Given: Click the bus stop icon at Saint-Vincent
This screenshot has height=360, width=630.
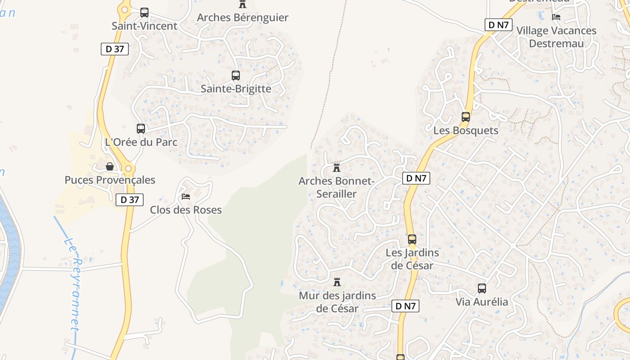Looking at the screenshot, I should [x=144, y=13].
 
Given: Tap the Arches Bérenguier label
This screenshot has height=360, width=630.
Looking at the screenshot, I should [x=243, y=18].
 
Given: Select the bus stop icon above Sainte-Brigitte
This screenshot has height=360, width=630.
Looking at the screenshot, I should [x=235, y=76].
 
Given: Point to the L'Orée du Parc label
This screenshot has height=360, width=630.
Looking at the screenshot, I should [x=141, y=142].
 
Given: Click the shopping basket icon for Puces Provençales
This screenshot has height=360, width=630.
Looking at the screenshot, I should [x=110, y=167].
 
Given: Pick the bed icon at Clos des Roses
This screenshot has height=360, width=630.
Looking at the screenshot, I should [x=185, y=197].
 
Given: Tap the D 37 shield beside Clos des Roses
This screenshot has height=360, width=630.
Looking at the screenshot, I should [x=130, y=200].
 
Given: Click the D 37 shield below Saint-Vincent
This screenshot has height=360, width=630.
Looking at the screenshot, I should [x=115, y=49].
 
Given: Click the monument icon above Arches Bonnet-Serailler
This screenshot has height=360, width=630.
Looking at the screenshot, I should [x=336, y=168].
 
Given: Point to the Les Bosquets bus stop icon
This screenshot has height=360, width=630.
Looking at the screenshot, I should [x=465, y=117].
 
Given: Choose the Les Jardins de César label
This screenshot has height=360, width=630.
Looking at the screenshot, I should [x=412, y=259].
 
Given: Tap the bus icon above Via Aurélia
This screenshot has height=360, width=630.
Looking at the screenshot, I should [x=481, y=288].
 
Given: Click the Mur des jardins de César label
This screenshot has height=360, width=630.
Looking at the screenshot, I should [x=337, y=302].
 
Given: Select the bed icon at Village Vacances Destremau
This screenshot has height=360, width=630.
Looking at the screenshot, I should [x=556, y=17].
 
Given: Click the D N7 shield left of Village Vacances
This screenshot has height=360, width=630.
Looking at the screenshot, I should [x=499, y=25].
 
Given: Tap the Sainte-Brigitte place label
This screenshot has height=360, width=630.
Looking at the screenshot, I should [x=236, y=89].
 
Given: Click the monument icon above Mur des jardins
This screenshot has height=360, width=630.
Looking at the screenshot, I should [x=337, y=283].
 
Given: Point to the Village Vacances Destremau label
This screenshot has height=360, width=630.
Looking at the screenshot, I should [x=556, y=37].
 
